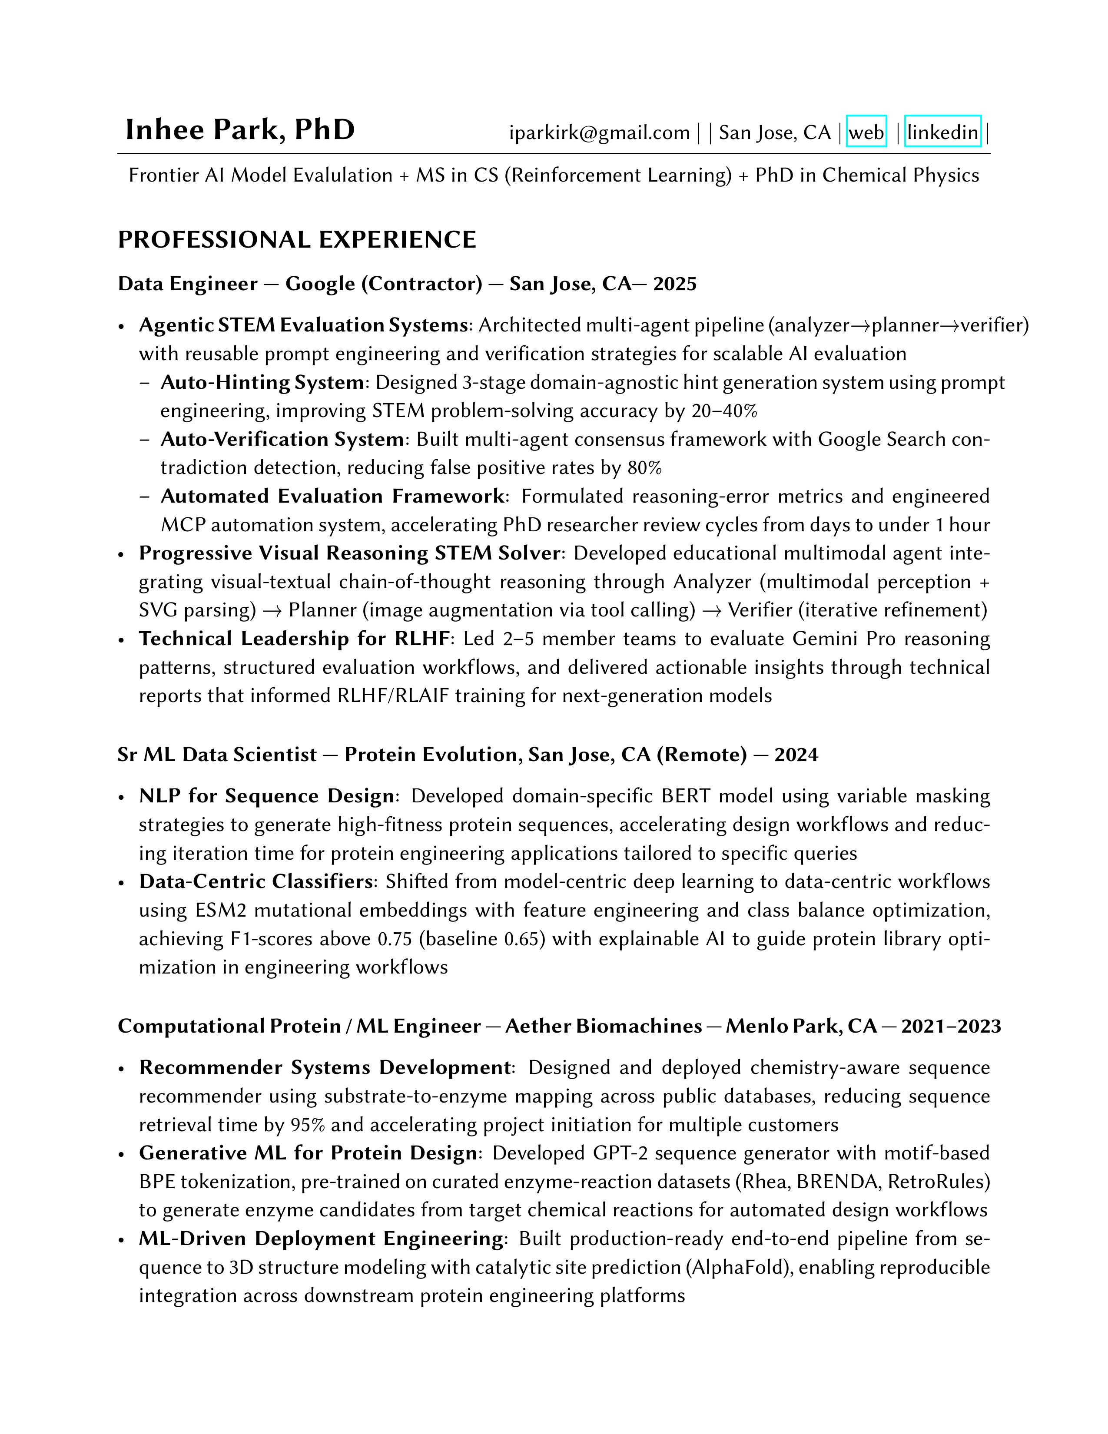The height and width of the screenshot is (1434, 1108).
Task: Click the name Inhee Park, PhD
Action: (240, 130)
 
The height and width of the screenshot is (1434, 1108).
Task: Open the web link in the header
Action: (866, 132)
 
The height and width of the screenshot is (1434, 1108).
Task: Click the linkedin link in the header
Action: (942, 132)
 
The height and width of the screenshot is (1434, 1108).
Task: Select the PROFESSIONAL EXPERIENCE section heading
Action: (297, 240)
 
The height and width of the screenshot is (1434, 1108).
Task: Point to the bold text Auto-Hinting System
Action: (262, 382)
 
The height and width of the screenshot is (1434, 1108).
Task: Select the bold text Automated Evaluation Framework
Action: (333, 497)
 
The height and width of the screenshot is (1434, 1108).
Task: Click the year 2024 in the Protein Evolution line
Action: (796, 755)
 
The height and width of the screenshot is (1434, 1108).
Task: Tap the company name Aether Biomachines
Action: (604, 1026)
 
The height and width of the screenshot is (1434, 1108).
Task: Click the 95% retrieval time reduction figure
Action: (308, 1125)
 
